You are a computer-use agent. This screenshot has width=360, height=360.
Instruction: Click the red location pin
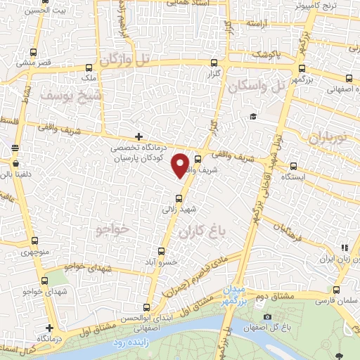[181, 165]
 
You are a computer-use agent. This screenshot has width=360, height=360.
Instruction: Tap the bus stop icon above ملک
[89, 69]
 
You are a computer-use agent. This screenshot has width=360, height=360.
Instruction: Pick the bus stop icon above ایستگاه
[292, 167]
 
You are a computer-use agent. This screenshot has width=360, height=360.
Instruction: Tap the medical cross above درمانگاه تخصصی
[139, 136]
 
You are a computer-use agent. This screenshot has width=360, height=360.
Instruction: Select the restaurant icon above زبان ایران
[345, 247]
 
